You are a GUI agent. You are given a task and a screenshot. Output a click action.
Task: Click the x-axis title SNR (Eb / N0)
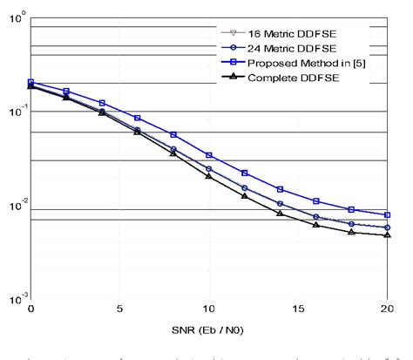point(209,333)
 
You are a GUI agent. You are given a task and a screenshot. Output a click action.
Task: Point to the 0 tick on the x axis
point(30,309)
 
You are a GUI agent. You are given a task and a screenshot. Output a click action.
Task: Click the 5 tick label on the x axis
point(119,309)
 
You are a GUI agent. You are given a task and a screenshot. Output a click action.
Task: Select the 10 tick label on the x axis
point(208,309)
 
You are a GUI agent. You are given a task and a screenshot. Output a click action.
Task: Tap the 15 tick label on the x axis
point(298,309)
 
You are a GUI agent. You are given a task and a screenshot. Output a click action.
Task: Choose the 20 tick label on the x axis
point(386,309)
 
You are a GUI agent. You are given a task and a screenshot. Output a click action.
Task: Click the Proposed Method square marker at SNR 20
point(387,214)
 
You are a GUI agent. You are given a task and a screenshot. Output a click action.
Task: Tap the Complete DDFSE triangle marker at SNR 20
point(387,234)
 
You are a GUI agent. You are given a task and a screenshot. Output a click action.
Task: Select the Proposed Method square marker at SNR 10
point(208,154)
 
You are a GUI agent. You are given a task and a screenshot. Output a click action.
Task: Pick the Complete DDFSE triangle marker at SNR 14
point(280,213)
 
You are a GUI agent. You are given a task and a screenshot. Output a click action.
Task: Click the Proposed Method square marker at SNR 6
point(138,118)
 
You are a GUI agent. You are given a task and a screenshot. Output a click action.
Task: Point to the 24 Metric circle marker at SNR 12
point(244,187)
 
